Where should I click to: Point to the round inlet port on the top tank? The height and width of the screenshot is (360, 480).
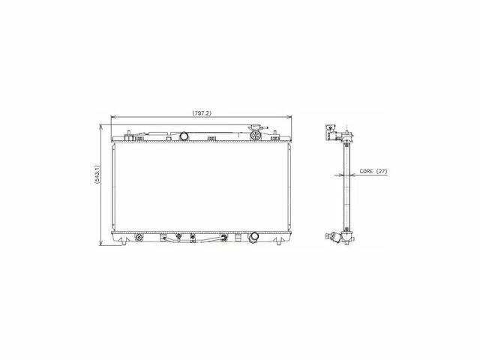(184, 136)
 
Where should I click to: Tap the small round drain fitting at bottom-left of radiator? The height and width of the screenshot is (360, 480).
(139, 238)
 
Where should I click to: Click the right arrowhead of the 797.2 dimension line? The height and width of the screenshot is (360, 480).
(290, 118)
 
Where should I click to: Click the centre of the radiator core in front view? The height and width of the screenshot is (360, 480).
(201, 187)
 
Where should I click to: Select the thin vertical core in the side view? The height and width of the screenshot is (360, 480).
(347, 187)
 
